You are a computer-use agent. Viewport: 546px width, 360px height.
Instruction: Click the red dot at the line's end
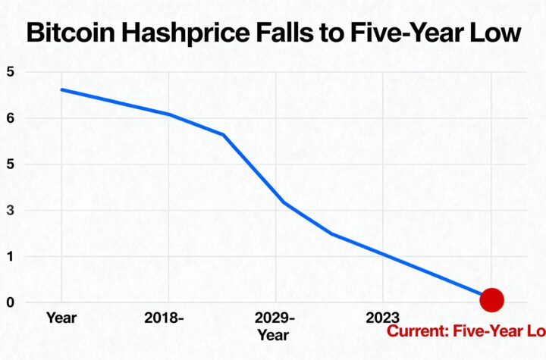491,299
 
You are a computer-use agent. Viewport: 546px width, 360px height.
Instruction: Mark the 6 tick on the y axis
11,118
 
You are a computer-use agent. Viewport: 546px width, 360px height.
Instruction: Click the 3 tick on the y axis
11,211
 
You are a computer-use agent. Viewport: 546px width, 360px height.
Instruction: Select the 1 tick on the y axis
11,257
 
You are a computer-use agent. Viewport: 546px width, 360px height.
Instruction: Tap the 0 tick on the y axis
11,303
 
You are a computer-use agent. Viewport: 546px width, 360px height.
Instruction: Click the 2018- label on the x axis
164,318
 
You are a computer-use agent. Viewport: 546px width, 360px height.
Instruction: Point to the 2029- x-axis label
274,318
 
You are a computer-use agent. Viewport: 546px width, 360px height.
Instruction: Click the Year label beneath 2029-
273,334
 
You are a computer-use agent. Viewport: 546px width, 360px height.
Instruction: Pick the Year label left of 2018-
60,318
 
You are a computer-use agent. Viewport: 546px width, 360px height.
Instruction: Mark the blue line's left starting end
61,89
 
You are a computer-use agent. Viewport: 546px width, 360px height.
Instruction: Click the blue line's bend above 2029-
284,202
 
